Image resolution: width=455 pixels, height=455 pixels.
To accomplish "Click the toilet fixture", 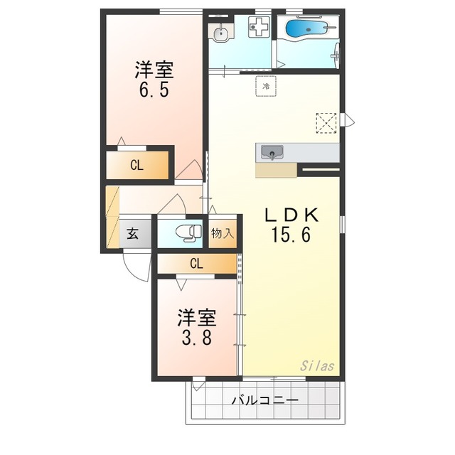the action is (x=188, y=233).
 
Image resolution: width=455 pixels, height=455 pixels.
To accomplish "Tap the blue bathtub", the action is (x=309, y=28).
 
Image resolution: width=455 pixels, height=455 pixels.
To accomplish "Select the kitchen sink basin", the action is (x=272, y=152).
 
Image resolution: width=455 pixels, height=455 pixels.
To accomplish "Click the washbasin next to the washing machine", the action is (x=222, y=33).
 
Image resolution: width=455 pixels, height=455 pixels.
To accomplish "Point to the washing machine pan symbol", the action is (x=259, y=27).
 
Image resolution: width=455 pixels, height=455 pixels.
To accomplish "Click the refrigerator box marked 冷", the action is (x=266, y=86).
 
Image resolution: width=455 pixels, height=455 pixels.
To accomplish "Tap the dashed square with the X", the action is (x=326, y=123).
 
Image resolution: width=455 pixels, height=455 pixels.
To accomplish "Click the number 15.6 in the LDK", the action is (x=291, y=235).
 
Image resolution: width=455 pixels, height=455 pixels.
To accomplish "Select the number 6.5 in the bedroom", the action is (x=154, y=90).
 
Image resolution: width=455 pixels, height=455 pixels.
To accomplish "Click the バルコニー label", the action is (x=265, y=401).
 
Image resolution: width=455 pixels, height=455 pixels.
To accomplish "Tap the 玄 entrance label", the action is (x=133, y=234).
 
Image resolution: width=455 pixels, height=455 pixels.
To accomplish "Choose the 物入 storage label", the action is (x=223, y=233).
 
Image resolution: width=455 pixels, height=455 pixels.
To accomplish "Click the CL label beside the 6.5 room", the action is (x=136, y=166).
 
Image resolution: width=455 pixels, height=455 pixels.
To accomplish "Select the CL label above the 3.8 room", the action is (x=196, y=264).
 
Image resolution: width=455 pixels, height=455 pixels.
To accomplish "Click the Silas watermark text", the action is (x=317, y=366).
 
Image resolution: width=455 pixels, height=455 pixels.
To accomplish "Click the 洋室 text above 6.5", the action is (x=154, y=70).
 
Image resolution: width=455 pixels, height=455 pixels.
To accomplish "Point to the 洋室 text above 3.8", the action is (x=197, y=318).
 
